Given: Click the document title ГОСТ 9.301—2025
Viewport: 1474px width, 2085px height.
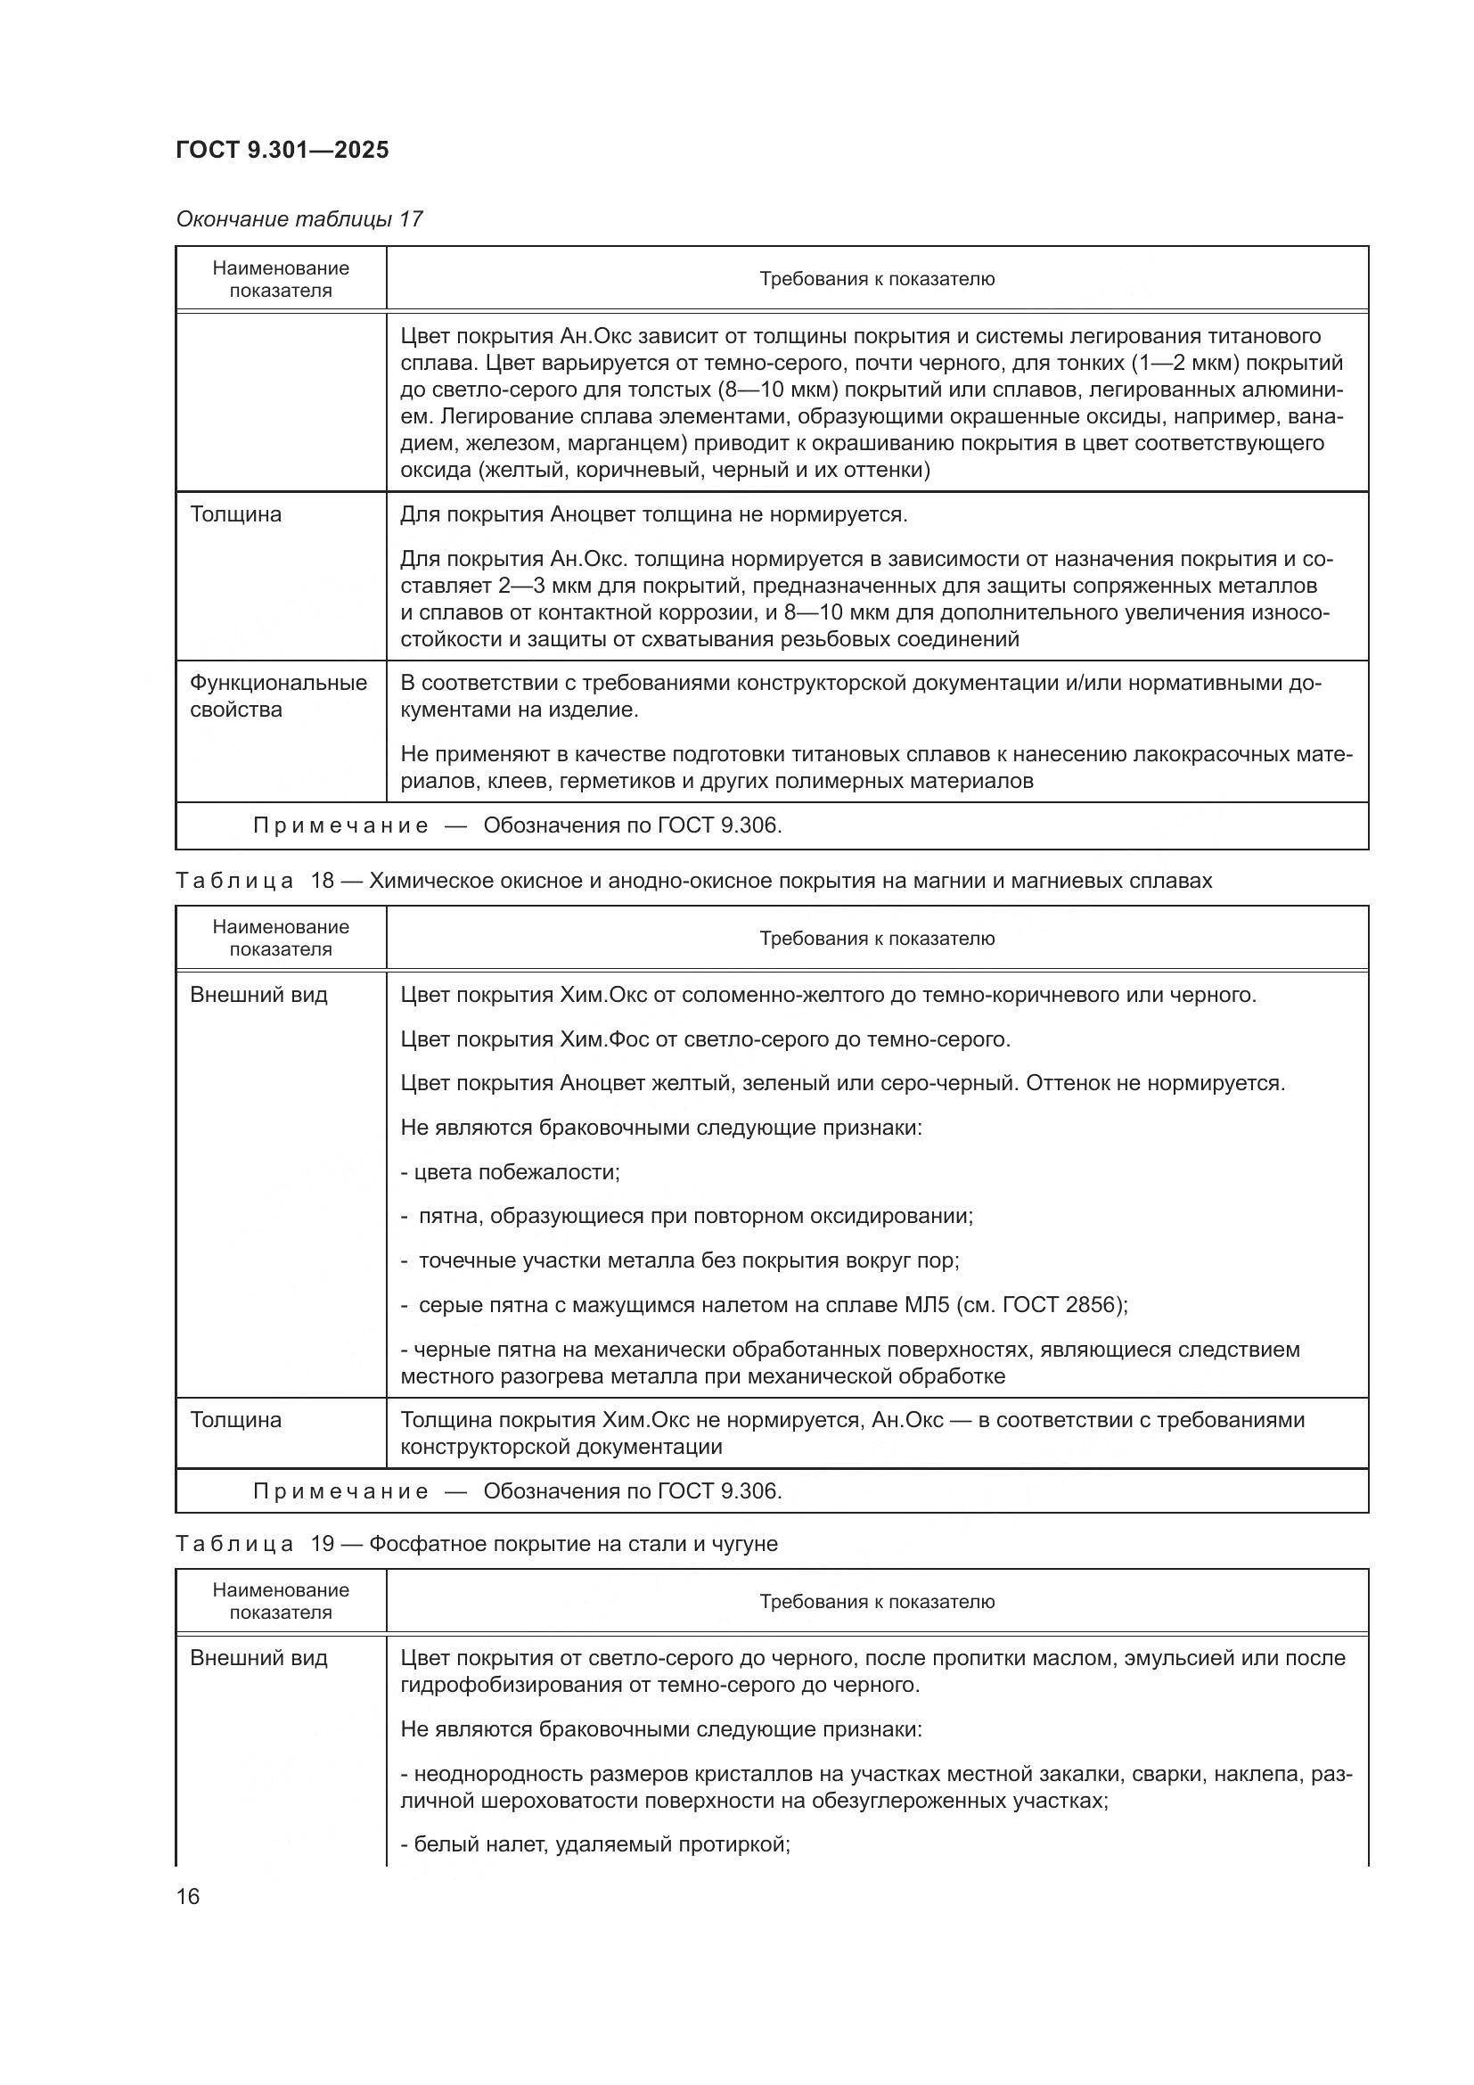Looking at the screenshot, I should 282,150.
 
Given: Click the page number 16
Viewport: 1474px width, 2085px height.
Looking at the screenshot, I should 188,1896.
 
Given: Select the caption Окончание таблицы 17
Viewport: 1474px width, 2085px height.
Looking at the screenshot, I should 299,219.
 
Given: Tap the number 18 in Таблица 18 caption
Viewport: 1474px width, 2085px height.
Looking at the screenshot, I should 323,881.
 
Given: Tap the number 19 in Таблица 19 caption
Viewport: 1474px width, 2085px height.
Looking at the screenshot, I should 323,1544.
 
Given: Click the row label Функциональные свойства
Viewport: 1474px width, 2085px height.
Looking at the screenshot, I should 278,695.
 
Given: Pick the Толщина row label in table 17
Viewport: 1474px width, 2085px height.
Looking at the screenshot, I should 236,515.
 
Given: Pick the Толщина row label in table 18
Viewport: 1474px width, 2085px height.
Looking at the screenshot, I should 236,1419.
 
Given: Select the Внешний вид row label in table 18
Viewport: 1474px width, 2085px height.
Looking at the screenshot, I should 258,995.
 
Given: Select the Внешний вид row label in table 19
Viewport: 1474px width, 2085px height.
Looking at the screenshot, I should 258,1657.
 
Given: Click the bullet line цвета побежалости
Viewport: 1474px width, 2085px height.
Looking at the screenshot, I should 509,1172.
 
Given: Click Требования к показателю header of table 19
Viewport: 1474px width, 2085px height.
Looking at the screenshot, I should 877,1601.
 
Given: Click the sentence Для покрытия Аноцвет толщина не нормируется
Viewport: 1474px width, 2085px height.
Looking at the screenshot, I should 653,515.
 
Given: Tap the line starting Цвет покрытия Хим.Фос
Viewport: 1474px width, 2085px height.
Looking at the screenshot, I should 704,1038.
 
